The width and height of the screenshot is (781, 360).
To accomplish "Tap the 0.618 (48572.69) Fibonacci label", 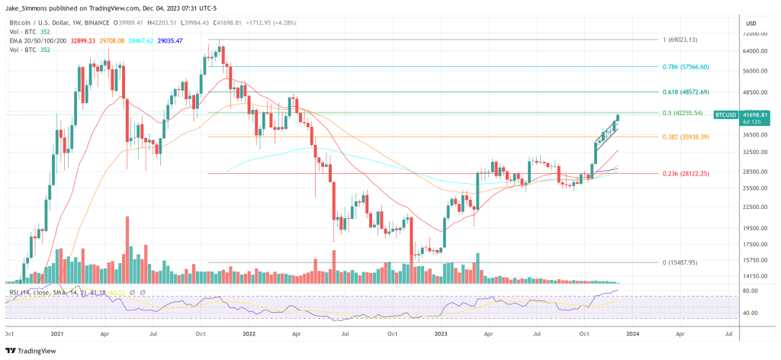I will tap(686, 92).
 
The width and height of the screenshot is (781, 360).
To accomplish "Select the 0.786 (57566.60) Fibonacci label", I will tap(686, 66).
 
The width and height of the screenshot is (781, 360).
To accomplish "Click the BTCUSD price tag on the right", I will tap(725, 114).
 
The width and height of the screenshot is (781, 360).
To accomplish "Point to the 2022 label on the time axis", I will tap(249, 333).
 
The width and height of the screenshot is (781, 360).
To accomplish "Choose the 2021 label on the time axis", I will tap(57, 333).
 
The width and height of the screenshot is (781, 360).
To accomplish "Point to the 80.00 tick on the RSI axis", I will tap(750, 291).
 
